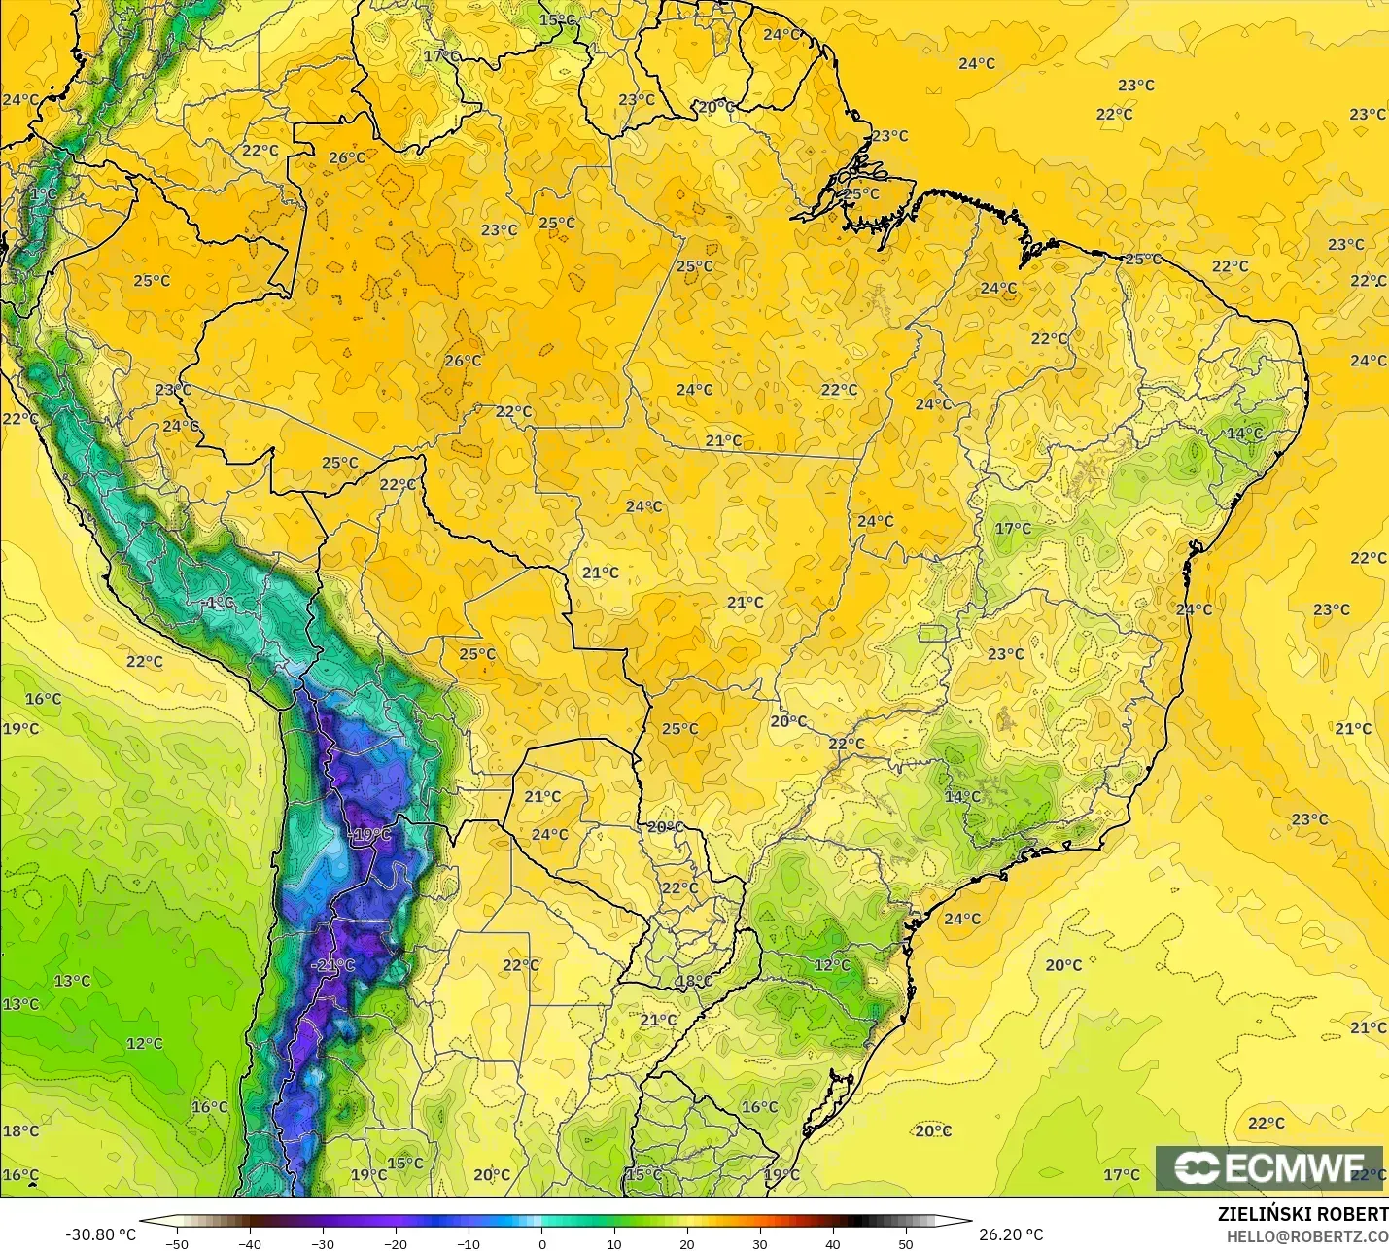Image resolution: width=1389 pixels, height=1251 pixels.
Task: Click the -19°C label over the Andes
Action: [x=369, y=835]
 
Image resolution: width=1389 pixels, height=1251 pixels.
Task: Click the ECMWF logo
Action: [x=1268, y=1167]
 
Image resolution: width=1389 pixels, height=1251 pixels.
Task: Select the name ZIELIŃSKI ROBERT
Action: [x=1302, y=1215]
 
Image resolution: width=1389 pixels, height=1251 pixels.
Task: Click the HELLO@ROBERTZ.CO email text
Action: [x=1306, y=1236]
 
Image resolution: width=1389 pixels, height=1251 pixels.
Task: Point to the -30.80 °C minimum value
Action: [x=100, y=1234]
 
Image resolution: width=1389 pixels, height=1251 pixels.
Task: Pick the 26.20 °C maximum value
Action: [x=1011, y=1234]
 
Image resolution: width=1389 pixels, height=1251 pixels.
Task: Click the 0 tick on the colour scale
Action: [x=541, y=1244]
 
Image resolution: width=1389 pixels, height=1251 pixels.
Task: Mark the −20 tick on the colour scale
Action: [x=395, y=1244]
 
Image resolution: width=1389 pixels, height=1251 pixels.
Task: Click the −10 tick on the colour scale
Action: [x=468, y=1244]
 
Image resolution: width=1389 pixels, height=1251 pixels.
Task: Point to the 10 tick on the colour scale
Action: [x=614, y=1244]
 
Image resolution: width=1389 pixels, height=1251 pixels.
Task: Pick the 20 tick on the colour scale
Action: [x=687, y=1244]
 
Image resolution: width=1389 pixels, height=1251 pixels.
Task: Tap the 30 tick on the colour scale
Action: [x=760, y=1244]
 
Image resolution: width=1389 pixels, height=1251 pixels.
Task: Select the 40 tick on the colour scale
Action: [x=833, y=1244]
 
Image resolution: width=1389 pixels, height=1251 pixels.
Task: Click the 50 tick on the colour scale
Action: [x=906, y=1244]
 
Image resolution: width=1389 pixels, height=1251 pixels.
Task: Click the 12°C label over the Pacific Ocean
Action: [x=144, y=1044]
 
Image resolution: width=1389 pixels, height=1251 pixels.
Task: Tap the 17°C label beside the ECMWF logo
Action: [x=1121, y=1175]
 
